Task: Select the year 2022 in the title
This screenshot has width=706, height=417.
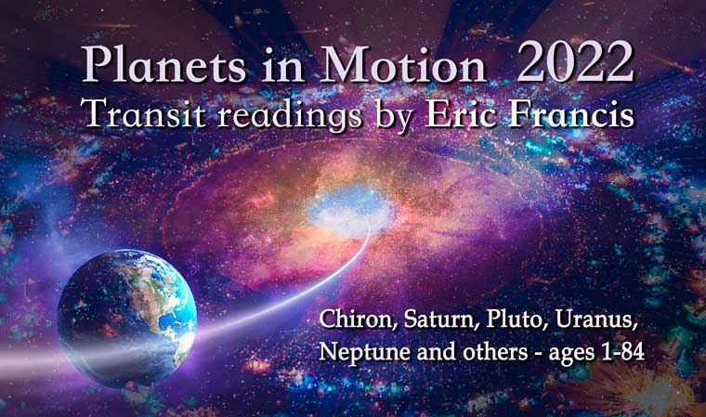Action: [x=576, y=64]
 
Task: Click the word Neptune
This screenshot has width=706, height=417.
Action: [x=361, y=353]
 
